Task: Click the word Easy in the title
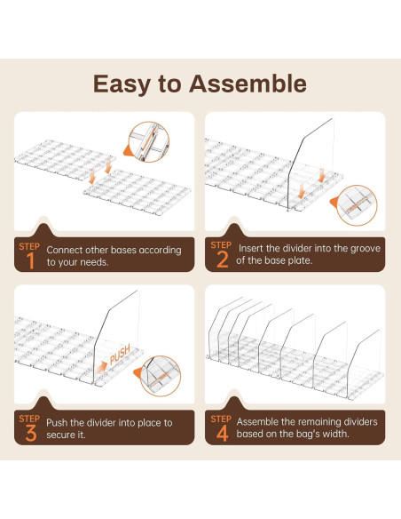[x=125, y=84]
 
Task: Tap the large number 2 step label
[x=222, y=259]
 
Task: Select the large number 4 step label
[x=222, y=433]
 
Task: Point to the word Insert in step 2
[x=251, y=248]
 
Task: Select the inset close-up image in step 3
[x=163, y=376]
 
